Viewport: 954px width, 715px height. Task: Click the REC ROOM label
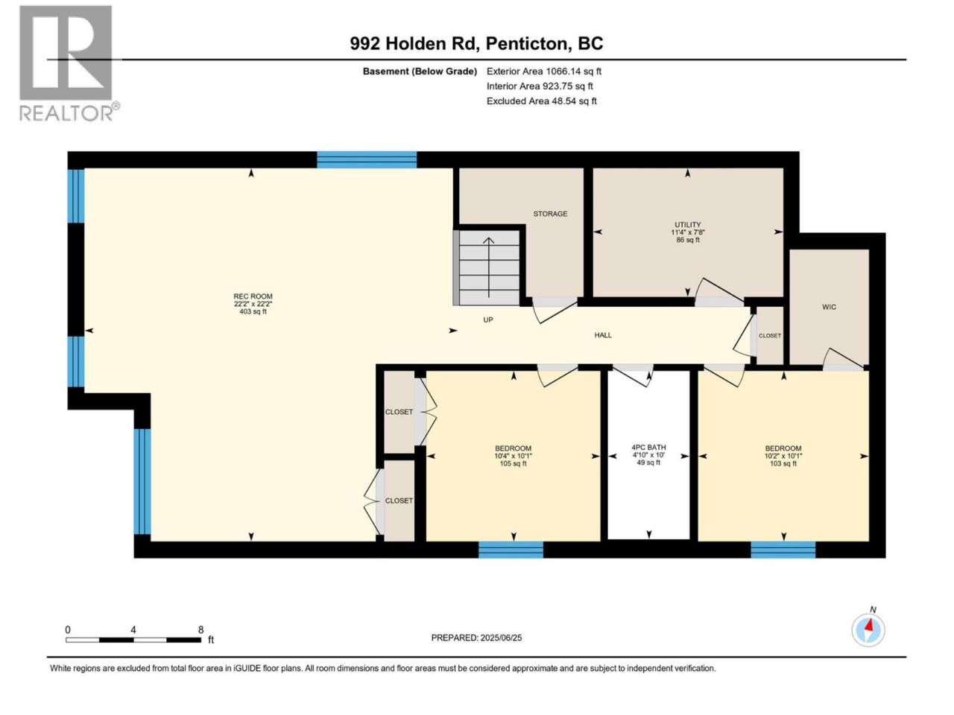[x=253, y=296]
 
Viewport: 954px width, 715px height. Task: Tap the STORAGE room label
[x=550, y=214]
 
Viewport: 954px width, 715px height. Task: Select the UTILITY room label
[x=687, y=224]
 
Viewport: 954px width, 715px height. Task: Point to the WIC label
[x=828, y=307]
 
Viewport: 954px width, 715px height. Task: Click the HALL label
[x=603, y=334]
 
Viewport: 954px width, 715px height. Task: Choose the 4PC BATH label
[x=648, y=447]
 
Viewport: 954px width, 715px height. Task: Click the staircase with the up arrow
[x=488, y=267]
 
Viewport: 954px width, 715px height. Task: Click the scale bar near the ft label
[x=133, y=640]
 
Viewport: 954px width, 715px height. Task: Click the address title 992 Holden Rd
[x=413, y=43]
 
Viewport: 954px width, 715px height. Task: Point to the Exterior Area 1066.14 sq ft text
[x=544, y=71]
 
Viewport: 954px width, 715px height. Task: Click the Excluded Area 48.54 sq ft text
[x=542, y=101]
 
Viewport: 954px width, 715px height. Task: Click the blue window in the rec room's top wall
[x=367, y=159]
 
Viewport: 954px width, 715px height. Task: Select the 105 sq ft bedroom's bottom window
[x=511, y=549]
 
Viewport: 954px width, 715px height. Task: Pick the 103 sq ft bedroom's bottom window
[x=783, y=549]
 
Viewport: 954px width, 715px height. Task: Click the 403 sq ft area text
[x=253, y=312]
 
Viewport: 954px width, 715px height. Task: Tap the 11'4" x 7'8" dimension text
[x=687, y=232]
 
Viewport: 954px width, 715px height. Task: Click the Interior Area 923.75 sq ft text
[x=540, y=86]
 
